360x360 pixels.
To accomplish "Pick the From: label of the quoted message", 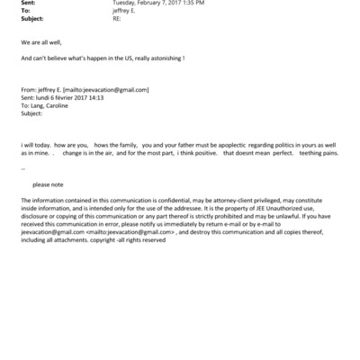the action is pos(29,90).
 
